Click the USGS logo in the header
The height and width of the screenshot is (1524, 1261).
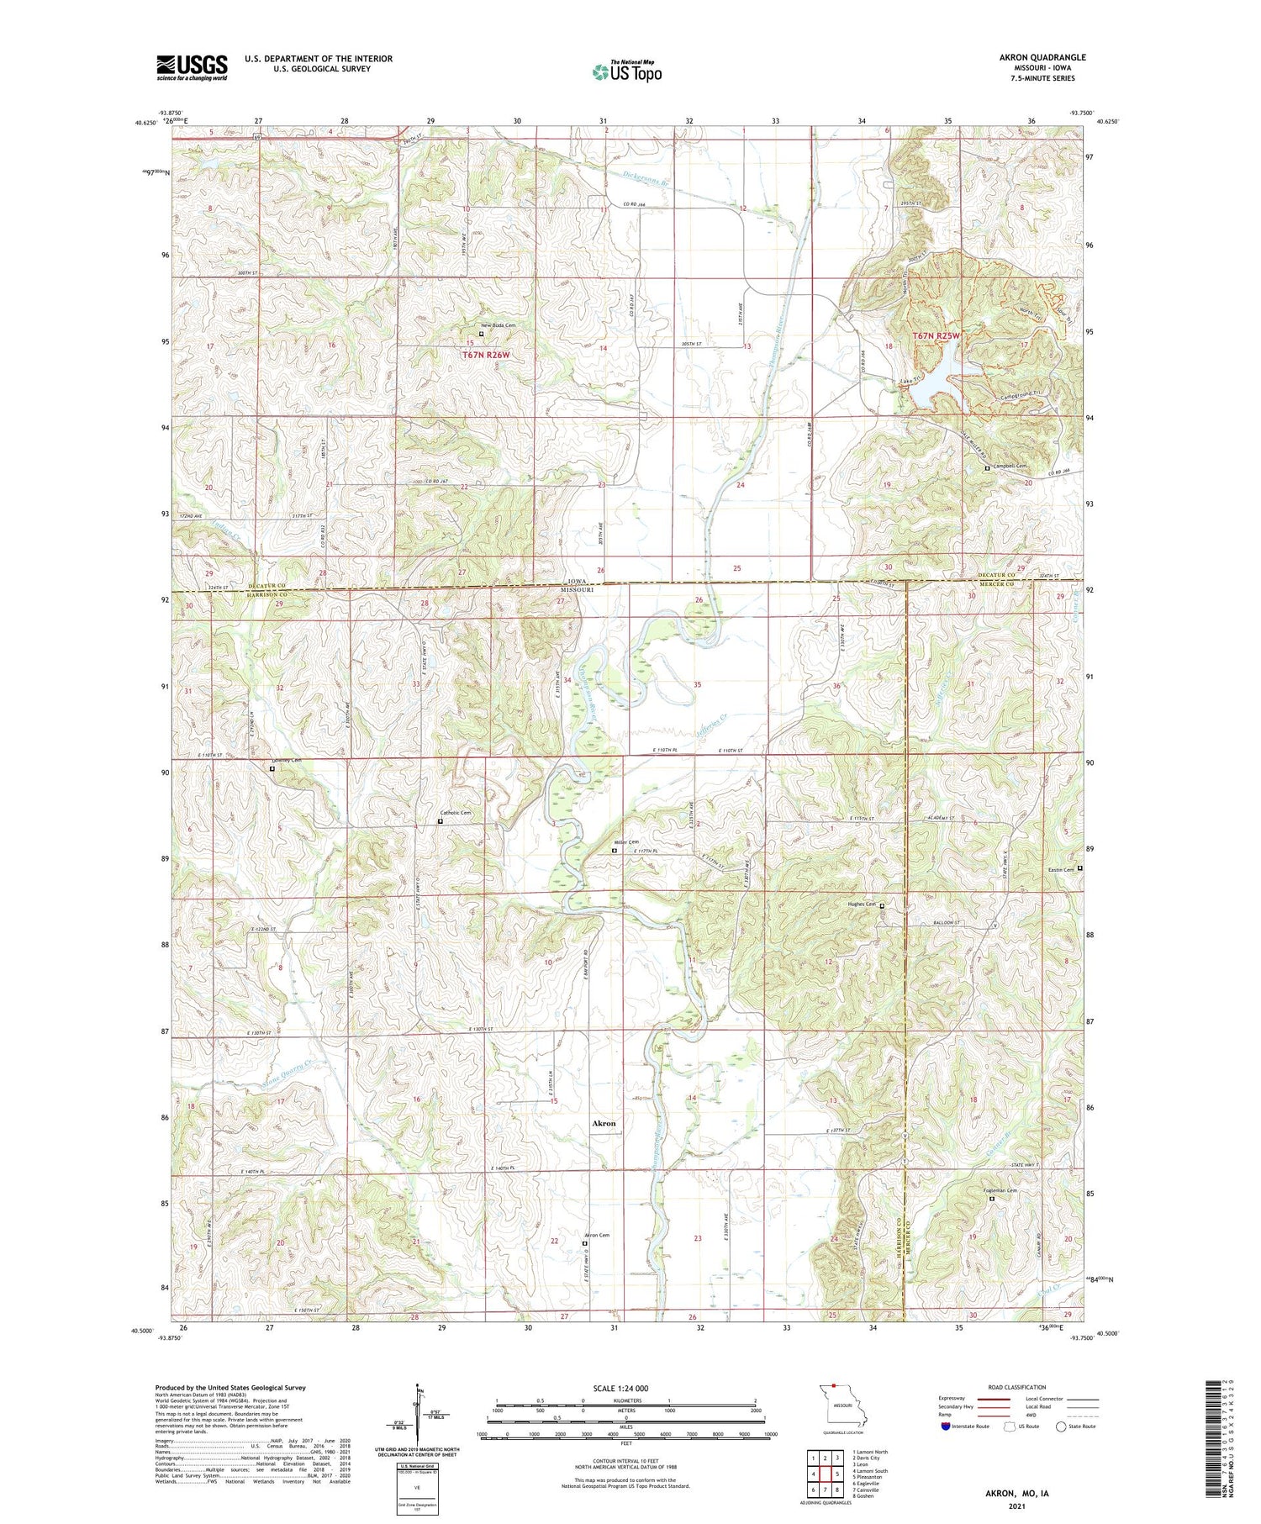[192, 67]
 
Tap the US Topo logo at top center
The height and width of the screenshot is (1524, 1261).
[626, 71]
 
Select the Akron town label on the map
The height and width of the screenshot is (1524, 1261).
[604, 1123]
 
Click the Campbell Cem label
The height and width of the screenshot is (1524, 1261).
[1010, 466]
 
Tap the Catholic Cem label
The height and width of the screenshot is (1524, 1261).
[456, 813]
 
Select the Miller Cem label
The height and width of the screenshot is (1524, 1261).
[627, 842]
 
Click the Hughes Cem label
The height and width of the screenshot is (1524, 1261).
[861, 904]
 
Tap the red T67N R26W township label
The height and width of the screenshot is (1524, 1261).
[486, 356]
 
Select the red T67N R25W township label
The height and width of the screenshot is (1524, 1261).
[936, 336]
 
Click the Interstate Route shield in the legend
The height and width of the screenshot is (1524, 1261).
[946, 1426]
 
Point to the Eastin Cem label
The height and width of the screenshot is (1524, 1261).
[1062, 870]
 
